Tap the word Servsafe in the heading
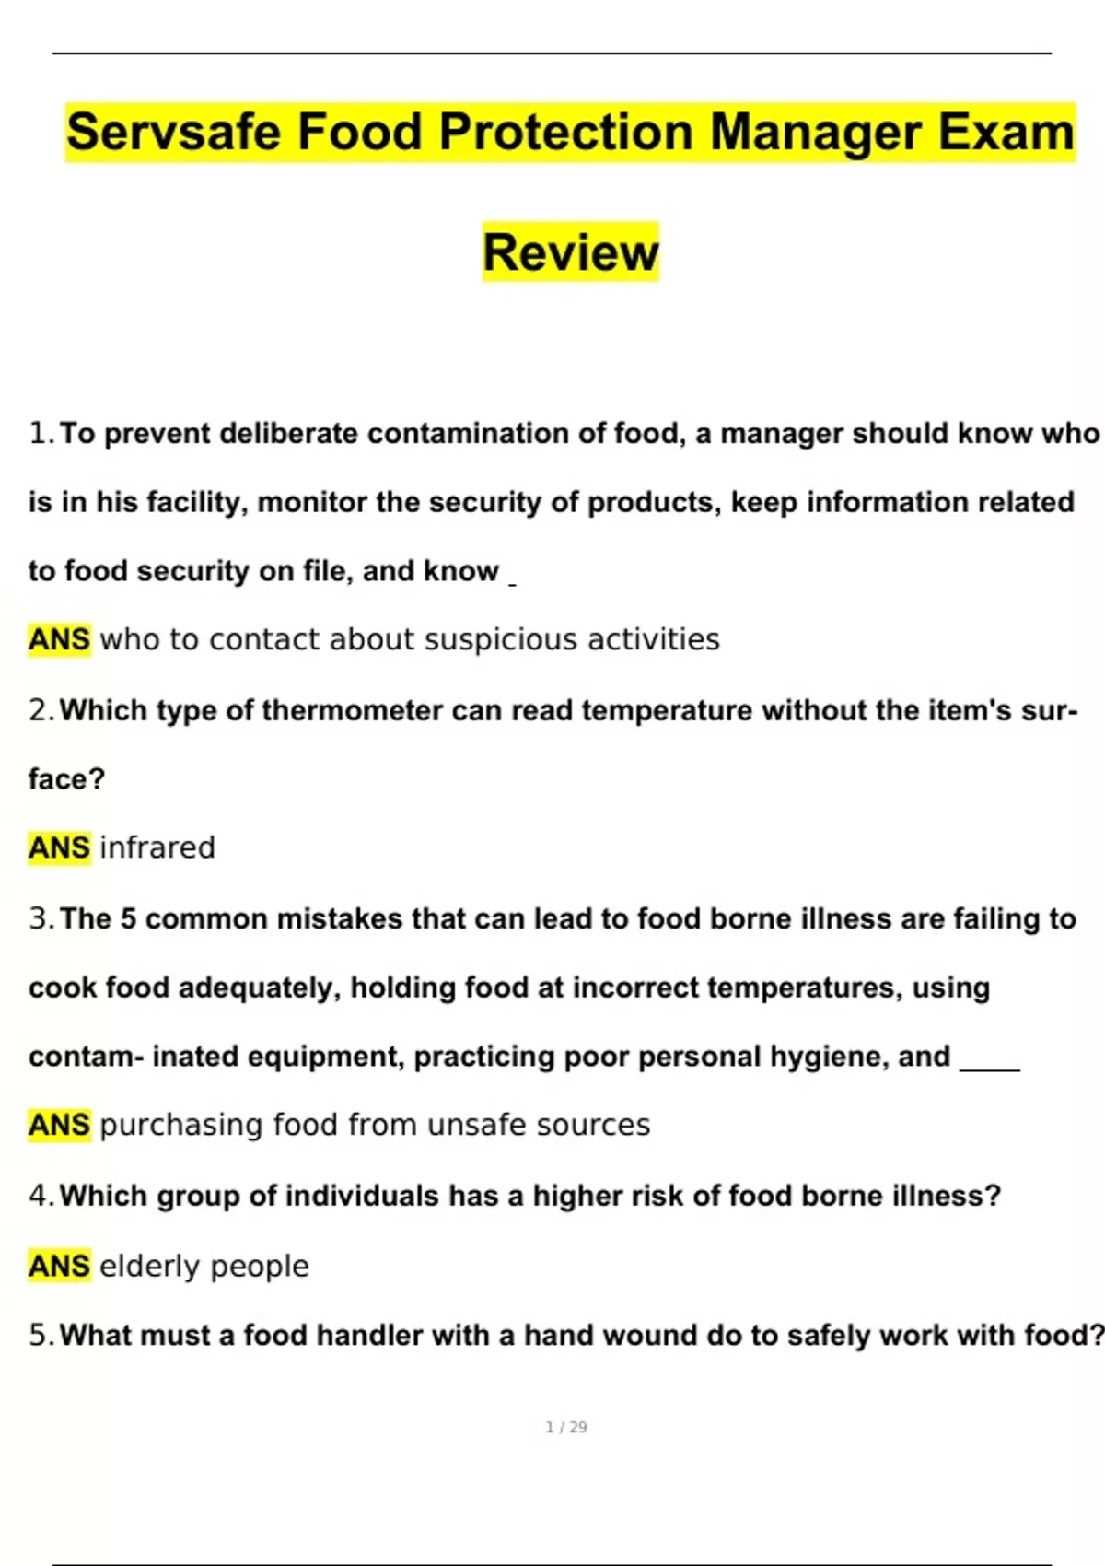tap(173, 132)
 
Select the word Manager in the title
tap(816, 132)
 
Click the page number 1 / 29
tap(566, 1427)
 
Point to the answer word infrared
tap(157, 847)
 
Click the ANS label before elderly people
tap(60, 1266)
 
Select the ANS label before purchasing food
tap(60, 1125)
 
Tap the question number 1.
tap(40, 433)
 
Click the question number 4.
tap(40, 1196)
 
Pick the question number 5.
tap(40, 1335)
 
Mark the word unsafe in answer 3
tap(478, 1125)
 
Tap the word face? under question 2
tap(67, 779)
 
